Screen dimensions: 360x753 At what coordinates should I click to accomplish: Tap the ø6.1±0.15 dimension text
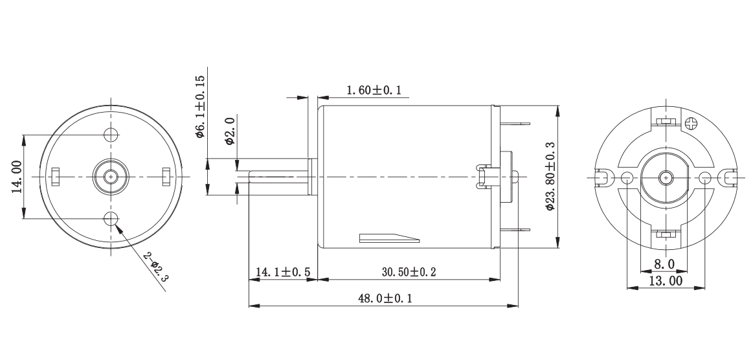pyautogui.click(x=200, y=107)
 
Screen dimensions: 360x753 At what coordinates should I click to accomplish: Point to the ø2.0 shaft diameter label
pyautogui.click(x=229, y=131)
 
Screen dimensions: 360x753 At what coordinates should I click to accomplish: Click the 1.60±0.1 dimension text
pyautogui.click(x=374, y=91)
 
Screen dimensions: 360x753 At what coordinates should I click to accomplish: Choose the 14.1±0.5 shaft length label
pyautogui.click(x=282, y=273)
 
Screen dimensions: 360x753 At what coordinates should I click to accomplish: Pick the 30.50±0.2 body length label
pyautogui.click(x=409, y=273)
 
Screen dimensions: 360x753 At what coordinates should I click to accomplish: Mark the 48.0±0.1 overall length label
pyautogui.click(x=385, y=298)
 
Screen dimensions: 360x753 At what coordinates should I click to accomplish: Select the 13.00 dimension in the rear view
pyautogui.click(x=666, y=281)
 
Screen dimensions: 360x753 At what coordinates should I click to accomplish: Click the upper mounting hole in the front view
pyautogui.click(x=111, y=135)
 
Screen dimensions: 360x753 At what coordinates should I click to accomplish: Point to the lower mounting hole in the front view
pyautogui.click(x=111, y=218)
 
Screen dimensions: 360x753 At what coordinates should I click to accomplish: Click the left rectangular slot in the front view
pyautogui.click(x=56, y=175)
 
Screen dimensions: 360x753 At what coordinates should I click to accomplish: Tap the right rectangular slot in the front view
pyautogui.click(x=166, y=175)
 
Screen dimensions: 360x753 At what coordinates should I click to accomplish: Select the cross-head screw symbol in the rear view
pyautogui.click(x=692, y=121)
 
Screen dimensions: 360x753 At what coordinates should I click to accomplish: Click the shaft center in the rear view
pyautogui.click(x=665, y=177)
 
